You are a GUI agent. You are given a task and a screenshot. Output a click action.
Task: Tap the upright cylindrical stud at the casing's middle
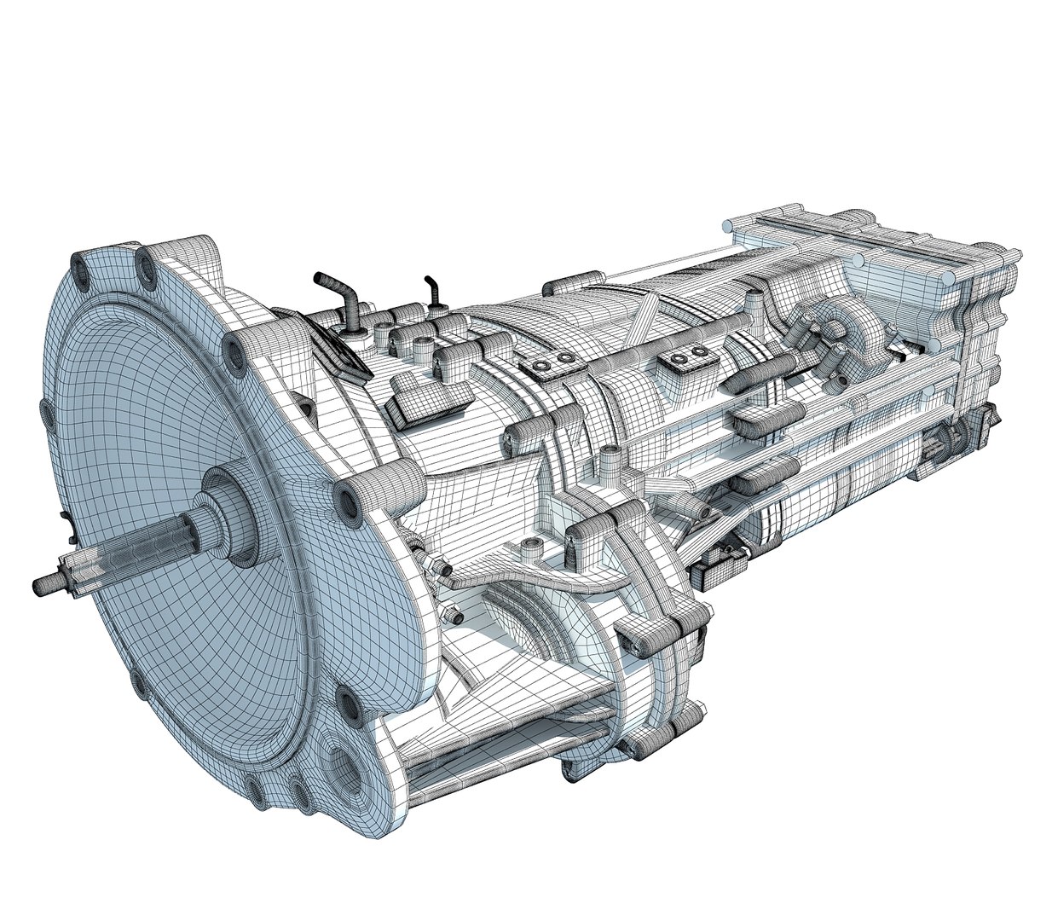click(x=609, y=465)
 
